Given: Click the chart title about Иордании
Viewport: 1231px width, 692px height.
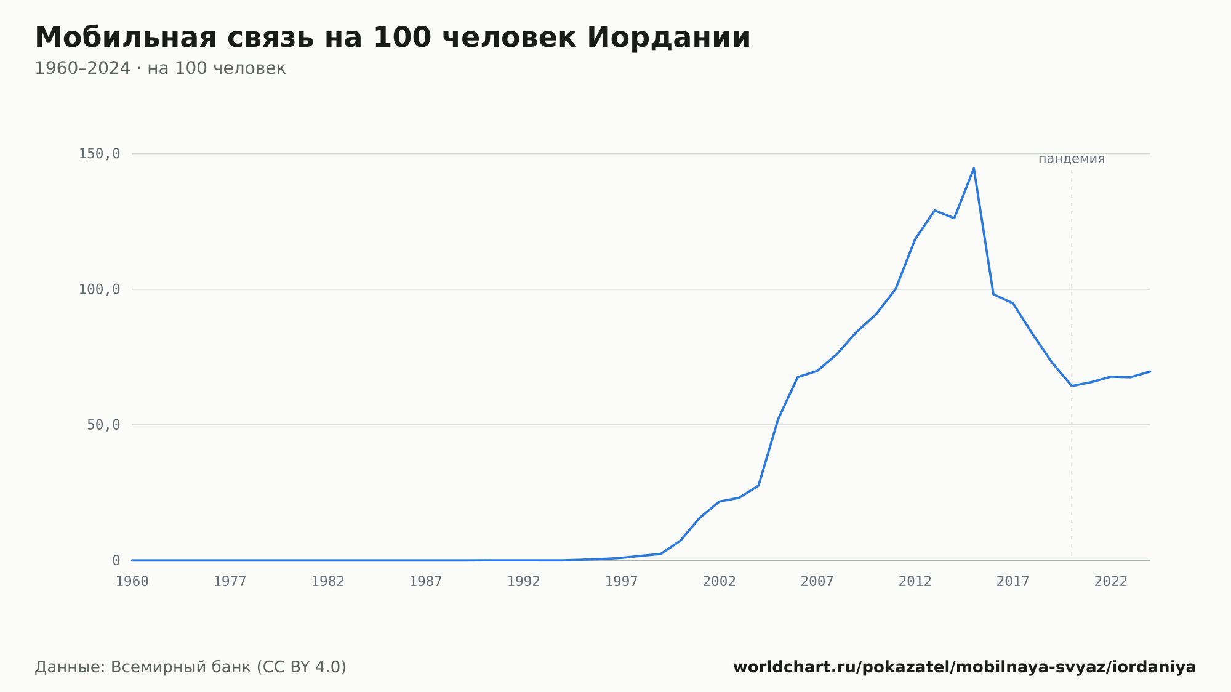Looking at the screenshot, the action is point(393,38).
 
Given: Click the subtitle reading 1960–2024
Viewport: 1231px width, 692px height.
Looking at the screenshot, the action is point(160,68).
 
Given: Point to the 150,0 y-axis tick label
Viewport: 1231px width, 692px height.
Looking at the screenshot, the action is point(99,154).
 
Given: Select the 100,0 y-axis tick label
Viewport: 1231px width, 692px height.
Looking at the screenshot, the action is point(99,289).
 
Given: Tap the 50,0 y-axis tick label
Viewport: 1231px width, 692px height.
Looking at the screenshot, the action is point(103,425).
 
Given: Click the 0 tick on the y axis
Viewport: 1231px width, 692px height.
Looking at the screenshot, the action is point(116,560).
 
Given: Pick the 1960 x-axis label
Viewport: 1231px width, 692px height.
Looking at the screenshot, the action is point(132,582).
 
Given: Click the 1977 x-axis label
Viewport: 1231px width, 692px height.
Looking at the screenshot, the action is point(230,582).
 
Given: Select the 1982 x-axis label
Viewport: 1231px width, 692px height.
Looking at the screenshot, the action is point(328,582).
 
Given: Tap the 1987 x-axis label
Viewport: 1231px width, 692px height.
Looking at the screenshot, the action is point(426,582).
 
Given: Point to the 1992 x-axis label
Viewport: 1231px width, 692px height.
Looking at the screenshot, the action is point(524,582).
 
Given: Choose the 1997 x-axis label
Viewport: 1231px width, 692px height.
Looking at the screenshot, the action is point(622,582).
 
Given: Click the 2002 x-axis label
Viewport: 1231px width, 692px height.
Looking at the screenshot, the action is point(720,582).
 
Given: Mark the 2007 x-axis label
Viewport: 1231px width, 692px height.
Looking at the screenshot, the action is point(817,582).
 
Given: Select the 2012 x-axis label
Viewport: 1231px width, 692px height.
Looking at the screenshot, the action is point(915,582).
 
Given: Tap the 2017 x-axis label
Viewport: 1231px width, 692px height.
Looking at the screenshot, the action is point(1013,582).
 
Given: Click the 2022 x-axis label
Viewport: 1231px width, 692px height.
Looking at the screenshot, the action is point(1111,582).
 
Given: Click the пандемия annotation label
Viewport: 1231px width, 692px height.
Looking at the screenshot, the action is point(1072,159).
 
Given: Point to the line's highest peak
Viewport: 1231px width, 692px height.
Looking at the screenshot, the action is point(974,168).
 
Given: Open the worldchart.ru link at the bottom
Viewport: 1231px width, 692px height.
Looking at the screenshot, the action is point(964,667).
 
